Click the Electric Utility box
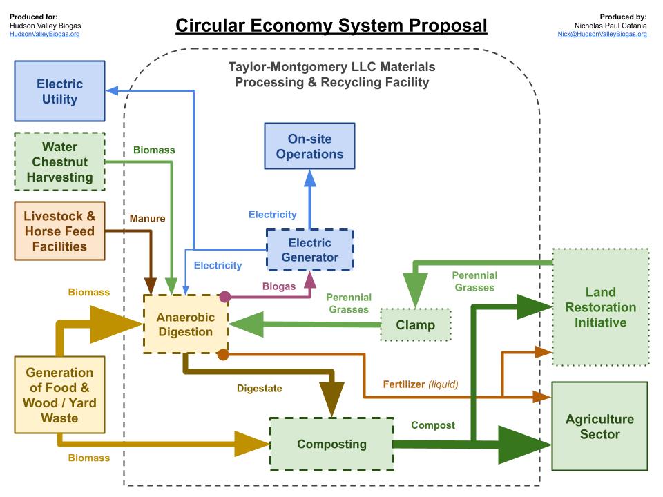click(x=59, y=92)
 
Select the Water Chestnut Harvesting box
click(x=59, y=162)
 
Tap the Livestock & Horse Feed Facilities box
click(x=59, y=231)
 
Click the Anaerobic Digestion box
click(x=186, y=324)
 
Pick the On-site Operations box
click(x=309, y=146)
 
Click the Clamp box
click(x=416, y=324)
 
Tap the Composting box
click(x=331, y=444)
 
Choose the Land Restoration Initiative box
click(x=600, y=307)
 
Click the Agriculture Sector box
click(x=599, y=427)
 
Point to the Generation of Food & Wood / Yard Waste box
click(x=59, y=395)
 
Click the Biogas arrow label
click(x=278, y=286)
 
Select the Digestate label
click(x=259, y=389)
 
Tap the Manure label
click(x=148, y=218)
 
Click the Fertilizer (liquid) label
click(x=420, y=384)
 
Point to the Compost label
click(x=433, y=425)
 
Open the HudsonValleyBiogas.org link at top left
click(x=44, y=34)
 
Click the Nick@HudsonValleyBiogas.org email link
click(x=602, y=34)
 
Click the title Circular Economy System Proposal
click(x=331, y=26)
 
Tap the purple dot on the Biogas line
click(x=224, y=297)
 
